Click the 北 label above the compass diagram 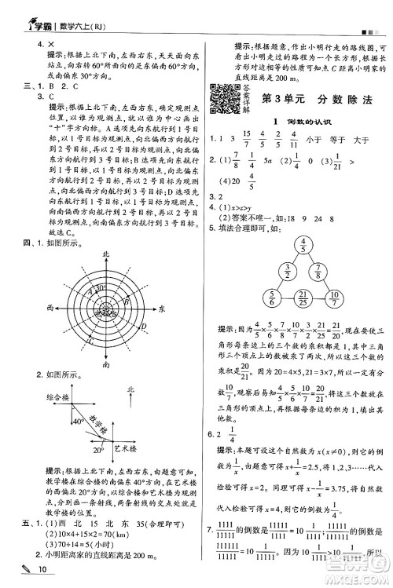click(105, 256)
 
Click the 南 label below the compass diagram click(105, 365)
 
